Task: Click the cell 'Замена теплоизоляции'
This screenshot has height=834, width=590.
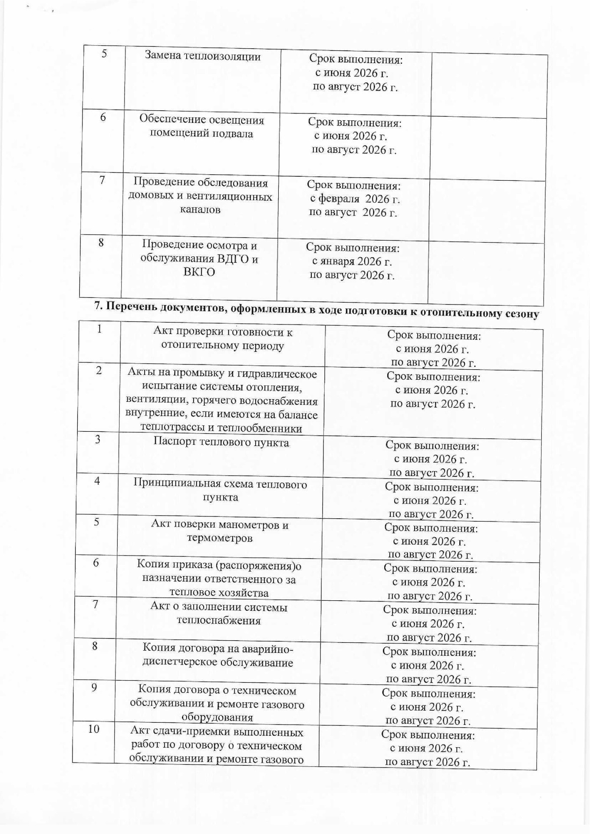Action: (202, 56)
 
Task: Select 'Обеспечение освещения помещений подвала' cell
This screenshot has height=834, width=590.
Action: (201, 126)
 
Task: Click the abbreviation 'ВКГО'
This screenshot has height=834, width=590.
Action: (199, 272)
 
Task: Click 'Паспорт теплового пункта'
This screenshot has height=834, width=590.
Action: (221, 443)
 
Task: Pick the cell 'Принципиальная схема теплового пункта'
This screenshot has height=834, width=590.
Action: (221, 490)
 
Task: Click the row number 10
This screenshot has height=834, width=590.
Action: (94, 729)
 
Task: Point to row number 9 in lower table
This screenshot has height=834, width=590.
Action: (94, 688)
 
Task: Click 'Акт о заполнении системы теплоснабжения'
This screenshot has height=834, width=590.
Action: (219, 613)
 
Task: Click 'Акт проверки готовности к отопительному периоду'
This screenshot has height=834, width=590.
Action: (223, 339)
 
